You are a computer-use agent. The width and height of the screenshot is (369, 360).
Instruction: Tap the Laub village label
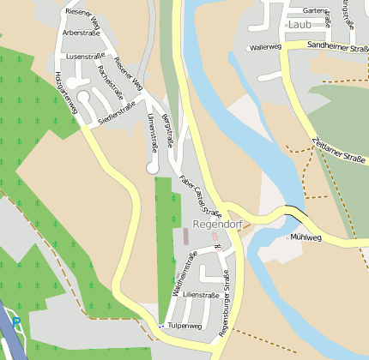[299, 25]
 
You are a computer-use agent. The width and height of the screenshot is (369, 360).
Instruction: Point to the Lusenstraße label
[84, 56]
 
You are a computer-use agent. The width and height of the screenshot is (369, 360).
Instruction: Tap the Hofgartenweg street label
[64, 88]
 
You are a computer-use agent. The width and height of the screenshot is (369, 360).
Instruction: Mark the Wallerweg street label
[265, 48]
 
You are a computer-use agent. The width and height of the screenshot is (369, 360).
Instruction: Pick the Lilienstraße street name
[202, 294]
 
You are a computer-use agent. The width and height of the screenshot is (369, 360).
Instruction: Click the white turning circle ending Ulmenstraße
[153, 170]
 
